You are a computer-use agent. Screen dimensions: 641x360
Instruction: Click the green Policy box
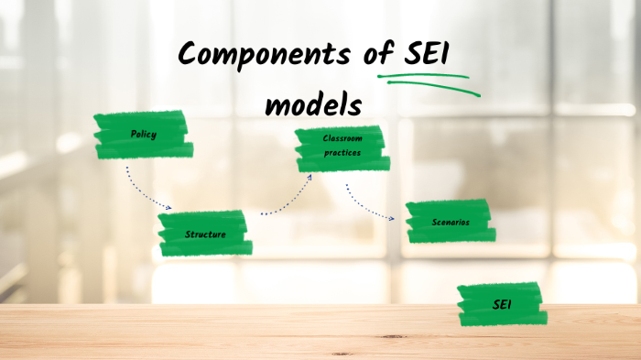point(143,136)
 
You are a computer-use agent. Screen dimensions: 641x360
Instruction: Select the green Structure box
point(204,234)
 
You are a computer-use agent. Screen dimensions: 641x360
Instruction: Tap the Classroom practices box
point(341,148)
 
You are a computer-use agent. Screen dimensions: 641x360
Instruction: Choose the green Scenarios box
point(450,223)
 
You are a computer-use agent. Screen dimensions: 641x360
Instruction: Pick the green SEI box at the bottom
point(502,305)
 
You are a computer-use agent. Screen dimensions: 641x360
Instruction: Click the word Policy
point(143,135)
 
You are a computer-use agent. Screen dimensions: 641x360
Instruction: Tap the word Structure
point(204,235)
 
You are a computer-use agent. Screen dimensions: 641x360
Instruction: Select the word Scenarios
point(451,223)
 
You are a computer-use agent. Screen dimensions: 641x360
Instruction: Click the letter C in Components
point(189,56)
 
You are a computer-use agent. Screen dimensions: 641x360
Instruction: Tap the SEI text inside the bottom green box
point(502,304)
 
